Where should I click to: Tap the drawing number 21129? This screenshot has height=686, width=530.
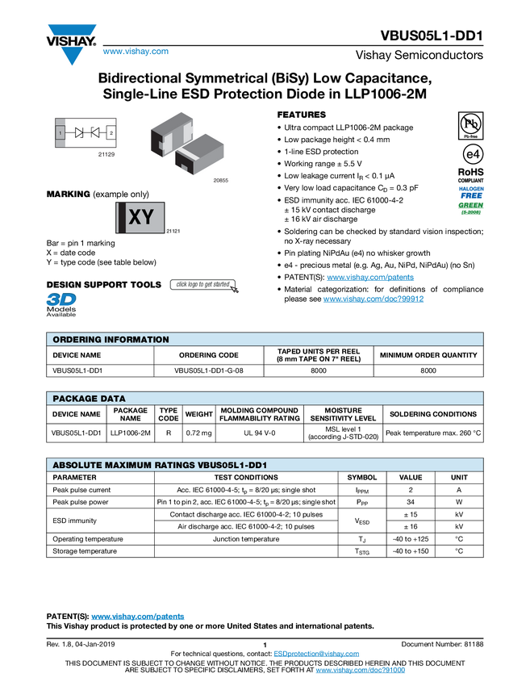[x=106, y=153]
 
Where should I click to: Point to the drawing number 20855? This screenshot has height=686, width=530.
[x=221, y=181]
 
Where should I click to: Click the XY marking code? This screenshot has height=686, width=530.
[x=141, y=217]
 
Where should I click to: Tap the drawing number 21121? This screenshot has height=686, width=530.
[x=172, y=232]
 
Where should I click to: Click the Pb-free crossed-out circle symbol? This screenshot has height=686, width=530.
[x=469, y=123]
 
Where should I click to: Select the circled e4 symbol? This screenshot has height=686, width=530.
[x=470, y=154]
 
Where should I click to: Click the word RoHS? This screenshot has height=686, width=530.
[x=470, y=172]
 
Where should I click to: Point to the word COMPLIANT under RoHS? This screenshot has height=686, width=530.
[x=470, y=181]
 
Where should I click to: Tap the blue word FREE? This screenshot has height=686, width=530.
[x=470, y=195]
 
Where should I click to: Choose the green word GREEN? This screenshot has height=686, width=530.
[x=470, y=206]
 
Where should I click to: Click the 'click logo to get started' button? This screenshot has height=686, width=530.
[x=204, y=285]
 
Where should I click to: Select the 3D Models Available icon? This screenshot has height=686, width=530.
[x=61, y=304]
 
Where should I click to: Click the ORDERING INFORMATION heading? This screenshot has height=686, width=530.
[x=111, y=340]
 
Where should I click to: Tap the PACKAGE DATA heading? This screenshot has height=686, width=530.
[x=89, y=399]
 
